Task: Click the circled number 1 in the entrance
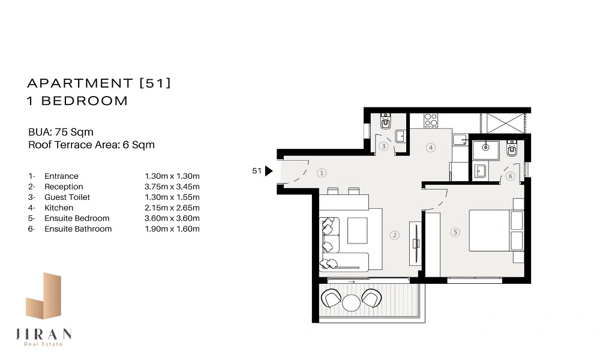322,173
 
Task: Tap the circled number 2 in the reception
395,235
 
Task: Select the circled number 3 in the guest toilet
383,146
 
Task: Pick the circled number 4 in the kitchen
431,147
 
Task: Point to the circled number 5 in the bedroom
455,232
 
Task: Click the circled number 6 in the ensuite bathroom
510,176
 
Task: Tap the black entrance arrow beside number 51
269,171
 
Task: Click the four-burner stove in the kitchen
430,120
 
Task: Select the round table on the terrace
351,302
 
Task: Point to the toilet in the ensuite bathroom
511,148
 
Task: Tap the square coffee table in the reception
357,230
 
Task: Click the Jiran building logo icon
43,296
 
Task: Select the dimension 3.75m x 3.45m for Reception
172,187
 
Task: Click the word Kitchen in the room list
59,208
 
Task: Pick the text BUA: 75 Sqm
61,132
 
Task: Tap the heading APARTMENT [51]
99,83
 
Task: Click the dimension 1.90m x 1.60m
172,229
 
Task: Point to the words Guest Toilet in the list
67,197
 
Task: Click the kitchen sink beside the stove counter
460,140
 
